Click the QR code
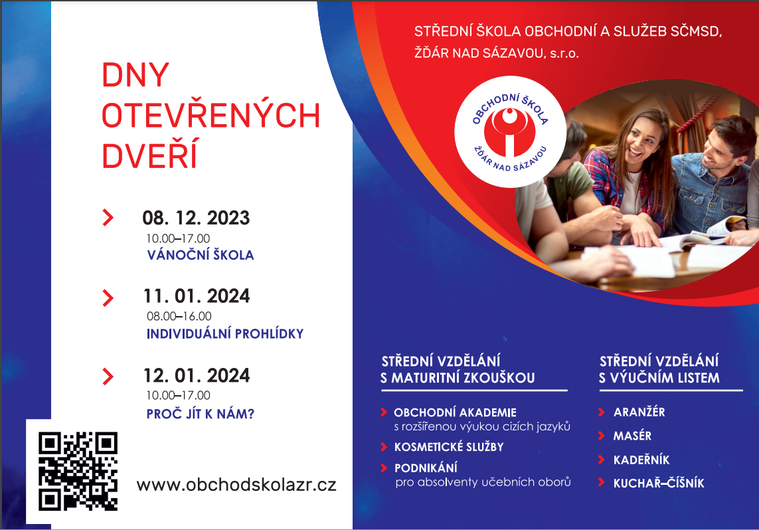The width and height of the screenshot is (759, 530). tap(78, 471)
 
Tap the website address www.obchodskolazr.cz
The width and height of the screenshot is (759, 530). tap(236, 485)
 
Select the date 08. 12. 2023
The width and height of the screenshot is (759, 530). tap(196, 218)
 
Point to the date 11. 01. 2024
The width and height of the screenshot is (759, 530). tap(197, 296)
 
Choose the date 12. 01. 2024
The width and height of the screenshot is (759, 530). tap(197, 375)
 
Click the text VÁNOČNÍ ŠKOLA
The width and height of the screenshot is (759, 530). tap(201, 254)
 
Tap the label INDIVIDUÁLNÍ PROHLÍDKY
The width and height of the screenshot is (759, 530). tap(225, 333)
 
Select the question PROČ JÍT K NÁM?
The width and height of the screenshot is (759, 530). tap(201, 413)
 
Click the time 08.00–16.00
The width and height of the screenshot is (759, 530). tap(179, 316)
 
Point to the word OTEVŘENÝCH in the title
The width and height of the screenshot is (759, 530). tap(211, 115)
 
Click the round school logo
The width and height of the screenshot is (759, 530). tap(510, 131)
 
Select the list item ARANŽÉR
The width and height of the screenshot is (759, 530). tap(639, 412)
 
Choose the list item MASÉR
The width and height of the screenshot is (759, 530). tap(632, 436)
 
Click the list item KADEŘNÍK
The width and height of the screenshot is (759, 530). tap(641, 460)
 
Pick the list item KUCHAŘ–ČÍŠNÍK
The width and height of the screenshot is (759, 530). tap(659, 483)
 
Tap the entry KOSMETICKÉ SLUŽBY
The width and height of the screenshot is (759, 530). tap(449, 447)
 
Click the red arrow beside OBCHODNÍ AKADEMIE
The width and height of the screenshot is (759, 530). tap(384, 412)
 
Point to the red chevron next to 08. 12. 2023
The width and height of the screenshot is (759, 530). tap(108, 218)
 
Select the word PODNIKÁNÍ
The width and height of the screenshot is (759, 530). tap(426, 468)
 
